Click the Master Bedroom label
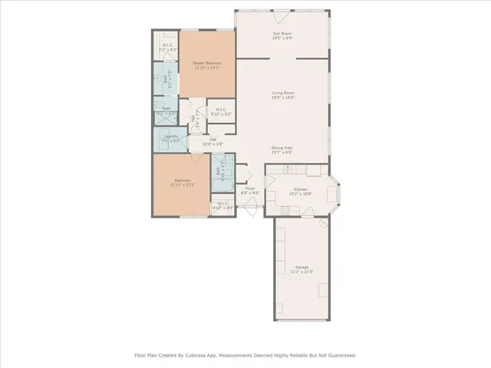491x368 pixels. (207, 63)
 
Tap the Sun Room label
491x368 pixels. (282, 34)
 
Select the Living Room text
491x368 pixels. (282, 94)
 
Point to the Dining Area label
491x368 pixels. (282, 147)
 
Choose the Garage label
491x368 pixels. (301, 267)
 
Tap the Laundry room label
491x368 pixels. (170, 136)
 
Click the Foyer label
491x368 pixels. (250, 189)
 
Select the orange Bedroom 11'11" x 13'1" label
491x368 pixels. (183, 180)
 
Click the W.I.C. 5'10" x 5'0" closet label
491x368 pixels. (220, 110)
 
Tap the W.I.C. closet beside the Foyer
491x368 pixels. (222, 204)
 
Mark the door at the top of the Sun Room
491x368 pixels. (282, 12)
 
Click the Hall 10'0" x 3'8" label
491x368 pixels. (212, 140)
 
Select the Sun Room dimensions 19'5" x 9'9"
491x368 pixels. (282, 39)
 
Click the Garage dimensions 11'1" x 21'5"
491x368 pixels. (301, 271)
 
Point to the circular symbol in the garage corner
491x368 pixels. (323, 224)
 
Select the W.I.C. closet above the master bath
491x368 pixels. (166, 46)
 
